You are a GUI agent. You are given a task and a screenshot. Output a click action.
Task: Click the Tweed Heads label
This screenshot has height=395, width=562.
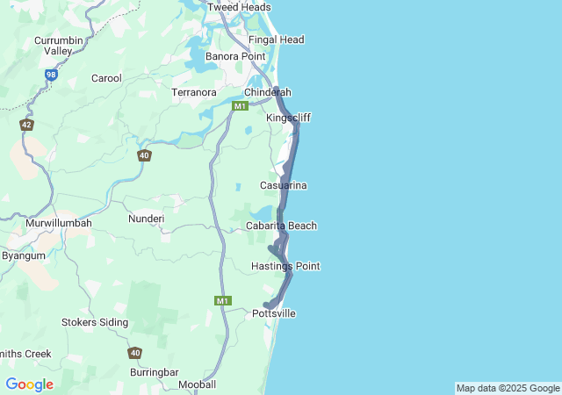tap(239, 7)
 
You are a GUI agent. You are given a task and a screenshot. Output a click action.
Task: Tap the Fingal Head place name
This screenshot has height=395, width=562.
tap(276, 39)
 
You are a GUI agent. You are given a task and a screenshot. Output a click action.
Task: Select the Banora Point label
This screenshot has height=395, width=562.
tap(235, 56)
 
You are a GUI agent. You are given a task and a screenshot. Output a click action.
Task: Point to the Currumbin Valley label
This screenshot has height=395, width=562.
tap(58, 46)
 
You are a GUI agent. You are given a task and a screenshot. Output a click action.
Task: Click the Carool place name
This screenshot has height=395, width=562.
tap(106, 78)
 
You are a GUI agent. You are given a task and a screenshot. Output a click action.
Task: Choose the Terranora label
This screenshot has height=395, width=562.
tap(194, 91)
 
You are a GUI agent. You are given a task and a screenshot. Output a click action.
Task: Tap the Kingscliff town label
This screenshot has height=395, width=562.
tap(288, 118)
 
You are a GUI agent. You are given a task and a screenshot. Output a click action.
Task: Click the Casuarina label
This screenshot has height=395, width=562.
tap(283, 185)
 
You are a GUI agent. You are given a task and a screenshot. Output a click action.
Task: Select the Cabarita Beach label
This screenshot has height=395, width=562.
tap(281, 226)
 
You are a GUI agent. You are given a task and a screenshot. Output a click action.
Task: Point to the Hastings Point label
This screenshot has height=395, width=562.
tap(285, 266)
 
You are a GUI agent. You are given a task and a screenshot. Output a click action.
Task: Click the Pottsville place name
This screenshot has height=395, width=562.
tap(274, 313)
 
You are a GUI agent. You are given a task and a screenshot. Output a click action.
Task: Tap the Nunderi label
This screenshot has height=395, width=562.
tap(146, 218)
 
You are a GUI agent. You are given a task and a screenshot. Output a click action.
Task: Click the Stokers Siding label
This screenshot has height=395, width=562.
tap(94, 322)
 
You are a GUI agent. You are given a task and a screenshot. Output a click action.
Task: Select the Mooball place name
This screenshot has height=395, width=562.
tap(197, 384)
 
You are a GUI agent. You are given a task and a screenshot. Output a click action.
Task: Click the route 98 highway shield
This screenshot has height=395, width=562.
tap(51, 76)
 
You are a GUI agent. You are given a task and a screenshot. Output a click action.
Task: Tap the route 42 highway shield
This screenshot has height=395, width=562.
tap(26, 126)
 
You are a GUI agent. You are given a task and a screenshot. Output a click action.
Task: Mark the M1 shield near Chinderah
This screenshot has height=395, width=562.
tap(240, 106)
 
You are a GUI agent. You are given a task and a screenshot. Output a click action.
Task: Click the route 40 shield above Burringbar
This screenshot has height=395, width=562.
tap(134, 353)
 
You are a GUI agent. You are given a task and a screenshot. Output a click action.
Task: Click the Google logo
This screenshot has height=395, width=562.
tap(29, 384)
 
